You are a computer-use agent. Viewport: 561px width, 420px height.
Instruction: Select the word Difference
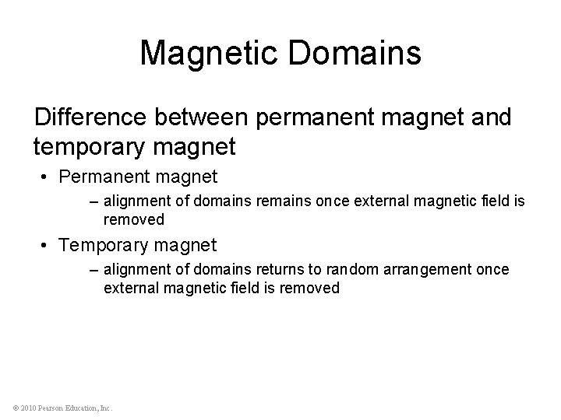91,118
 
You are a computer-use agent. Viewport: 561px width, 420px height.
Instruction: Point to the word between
203,118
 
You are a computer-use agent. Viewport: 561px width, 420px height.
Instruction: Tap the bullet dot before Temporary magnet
48,246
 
